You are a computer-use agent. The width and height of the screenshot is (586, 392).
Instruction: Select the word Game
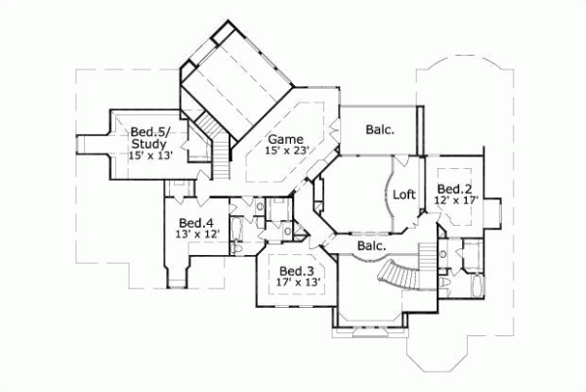coord(286,139)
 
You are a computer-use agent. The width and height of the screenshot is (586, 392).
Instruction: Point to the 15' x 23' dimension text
coord(286,152)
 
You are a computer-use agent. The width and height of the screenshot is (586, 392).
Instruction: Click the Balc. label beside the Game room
coord(380,130)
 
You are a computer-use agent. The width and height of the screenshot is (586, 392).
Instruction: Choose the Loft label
coord(404,195)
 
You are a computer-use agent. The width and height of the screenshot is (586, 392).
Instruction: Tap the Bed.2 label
coord(455,189)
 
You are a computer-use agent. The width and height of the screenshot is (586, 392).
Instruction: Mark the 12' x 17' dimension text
coord(455,201)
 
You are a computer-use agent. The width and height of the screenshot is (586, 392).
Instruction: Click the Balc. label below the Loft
coord(370,245)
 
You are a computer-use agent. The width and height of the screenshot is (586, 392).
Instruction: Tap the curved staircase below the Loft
coord(405,273)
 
